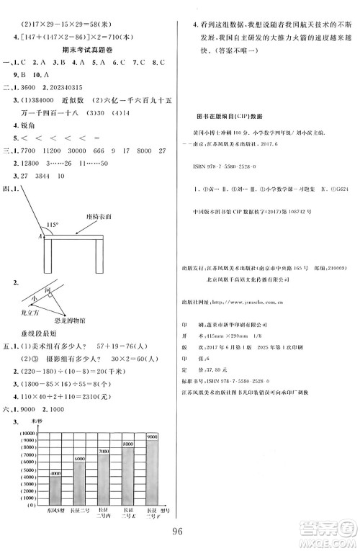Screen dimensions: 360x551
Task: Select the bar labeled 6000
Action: coord(81,480)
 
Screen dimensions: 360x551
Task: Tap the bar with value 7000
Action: coord(104,476)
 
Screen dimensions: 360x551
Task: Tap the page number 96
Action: coord(180,534)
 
